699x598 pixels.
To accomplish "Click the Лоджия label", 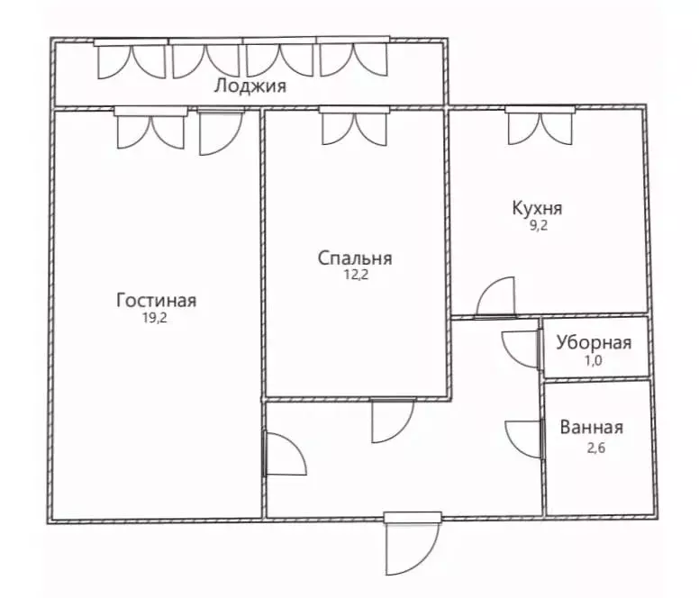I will point(250,87).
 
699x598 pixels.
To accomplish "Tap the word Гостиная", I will point(156,301).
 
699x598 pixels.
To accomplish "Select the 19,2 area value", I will point(156,317).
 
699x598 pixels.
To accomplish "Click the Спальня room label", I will point(355,259).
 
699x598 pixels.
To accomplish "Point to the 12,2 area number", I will point(355,276).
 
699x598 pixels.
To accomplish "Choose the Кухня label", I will point(537,208).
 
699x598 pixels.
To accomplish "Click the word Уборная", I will point(594,342).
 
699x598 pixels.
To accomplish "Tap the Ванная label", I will point(592,428).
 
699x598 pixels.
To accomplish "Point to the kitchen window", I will point(540,126).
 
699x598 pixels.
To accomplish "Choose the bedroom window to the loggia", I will point(353,126).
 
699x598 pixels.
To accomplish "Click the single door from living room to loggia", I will point(219,131).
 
